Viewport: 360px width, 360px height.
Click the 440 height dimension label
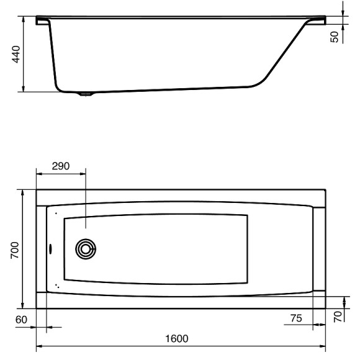(16, 55)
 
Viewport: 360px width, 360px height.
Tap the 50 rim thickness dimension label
(335, 37)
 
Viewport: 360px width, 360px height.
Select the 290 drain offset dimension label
(61, 166)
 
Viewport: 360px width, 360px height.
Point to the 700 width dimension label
(15, 250)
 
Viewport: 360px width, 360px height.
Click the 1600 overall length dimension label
(177, 339)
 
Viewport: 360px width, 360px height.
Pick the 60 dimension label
(21, 320)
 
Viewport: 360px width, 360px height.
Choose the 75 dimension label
(296, 318)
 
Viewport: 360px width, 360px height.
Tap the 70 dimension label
(338, 317)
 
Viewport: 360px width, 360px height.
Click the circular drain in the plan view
(86, 249)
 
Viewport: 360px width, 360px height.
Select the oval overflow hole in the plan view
(50, 249)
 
